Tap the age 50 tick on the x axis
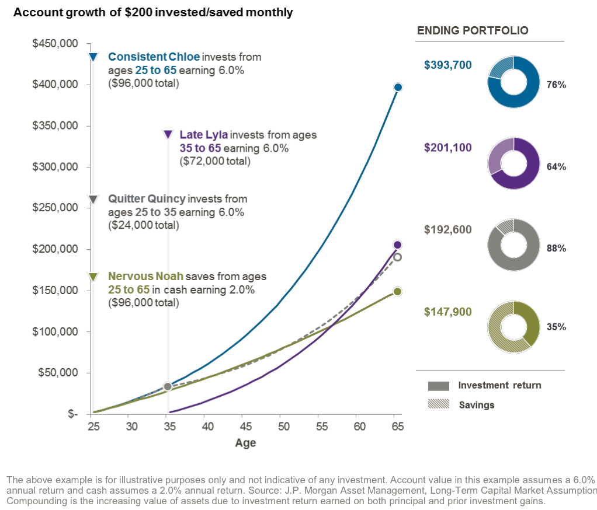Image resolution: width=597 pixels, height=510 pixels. (x=280, y=427)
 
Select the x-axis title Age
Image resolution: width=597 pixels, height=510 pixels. (x=245, y=443)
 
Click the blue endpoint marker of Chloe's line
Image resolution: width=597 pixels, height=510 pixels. (x=398, y=87)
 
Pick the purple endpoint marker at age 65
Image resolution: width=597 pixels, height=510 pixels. (x=397, y=244)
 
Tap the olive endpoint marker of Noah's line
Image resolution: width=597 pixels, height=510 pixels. (x=397, y=291)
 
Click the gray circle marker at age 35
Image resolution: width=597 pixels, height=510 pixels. (x=168, y=386)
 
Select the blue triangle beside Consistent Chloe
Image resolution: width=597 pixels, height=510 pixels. (x=92, y=57)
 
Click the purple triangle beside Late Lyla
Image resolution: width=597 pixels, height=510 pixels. (x=168, y=135)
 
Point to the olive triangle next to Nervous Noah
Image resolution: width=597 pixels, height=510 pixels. (x=92, y=277)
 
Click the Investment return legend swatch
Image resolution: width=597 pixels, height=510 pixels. (x=438, y=386)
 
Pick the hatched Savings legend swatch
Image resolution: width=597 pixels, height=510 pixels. (x=438, y=404)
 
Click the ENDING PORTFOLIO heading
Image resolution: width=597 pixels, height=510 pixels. (x=472, y=30)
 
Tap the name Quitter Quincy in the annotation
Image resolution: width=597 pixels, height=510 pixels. (x=147, y=199)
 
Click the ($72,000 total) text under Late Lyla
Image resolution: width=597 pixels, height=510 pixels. (x=215, y=161)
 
